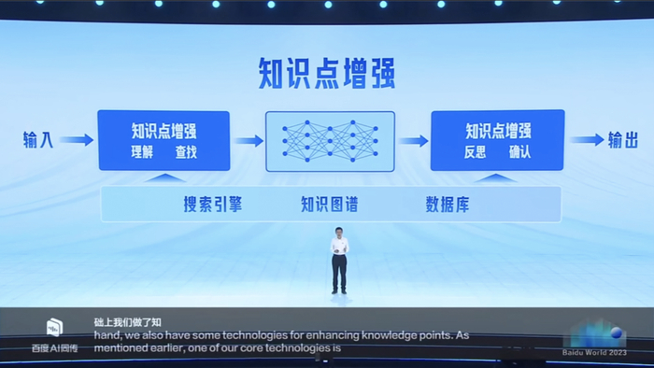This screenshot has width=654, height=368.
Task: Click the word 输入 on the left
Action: click(x=39, y=140)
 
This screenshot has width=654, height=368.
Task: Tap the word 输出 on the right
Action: click(x=623, y=140)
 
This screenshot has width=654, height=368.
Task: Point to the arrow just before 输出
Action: click(x=587, y=140)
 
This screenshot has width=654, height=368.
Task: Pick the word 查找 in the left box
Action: click(x=187, y=152)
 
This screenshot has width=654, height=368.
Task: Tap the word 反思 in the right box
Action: click(x=476, y=152)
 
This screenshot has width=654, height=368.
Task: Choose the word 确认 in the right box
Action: click(x=519, y=152)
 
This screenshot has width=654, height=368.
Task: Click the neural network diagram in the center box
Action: click(x=331, y=140)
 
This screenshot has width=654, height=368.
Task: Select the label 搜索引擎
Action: click(x=213, y=204)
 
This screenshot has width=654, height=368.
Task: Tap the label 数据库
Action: click(x=447, y=204)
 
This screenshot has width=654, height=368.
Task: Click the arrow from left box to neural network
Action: click(x=248, y=140)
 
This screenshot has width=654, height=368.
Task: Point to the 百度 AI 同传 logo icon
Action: click(x=55, y=327)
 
